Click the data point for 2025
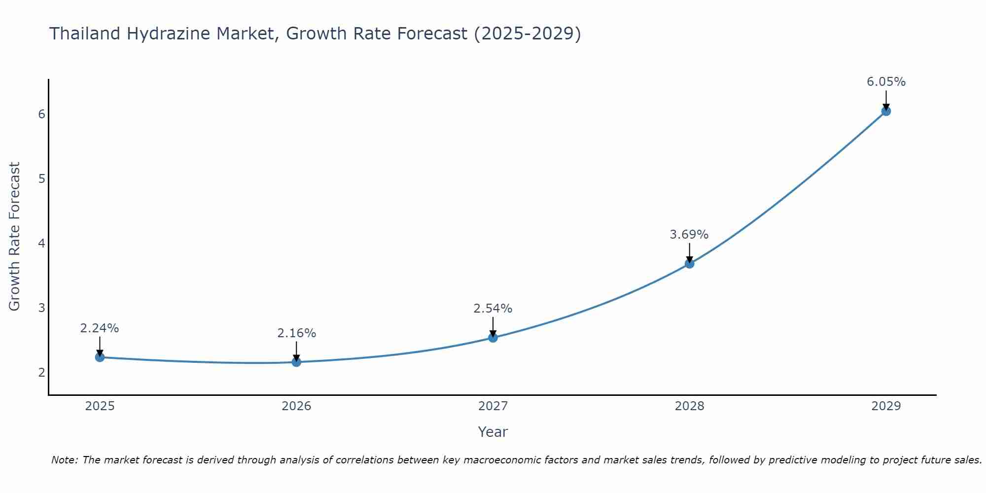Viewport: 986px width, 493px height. click(x=100, y=357)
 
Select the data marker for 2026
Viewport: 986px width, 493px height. click(x=296, y=362)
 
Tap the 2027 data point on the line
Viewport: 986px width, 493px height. click(x=493, y=338)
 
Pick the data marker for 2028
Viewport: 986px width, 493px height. click(x=689, y=264)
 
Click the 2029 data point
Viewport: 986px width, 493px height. click(x=886, y=111)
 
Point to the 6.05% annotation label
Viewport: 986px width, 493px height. click(x=886, y=82)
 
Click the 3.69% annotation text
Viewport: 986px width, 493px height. click(x=689, y=235)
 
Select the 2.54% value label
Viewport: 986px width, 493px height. click(x=493, y=309)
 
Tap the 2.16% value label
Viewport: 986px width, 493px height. click(x=296, y=333)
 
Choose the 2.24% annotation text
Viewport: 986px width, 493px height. click(x=100, y=328)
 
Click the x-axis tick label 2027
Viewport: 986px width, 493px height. click(x=493, y=406)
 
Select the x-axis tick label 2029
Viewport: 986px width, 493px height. click(x=886, y=406)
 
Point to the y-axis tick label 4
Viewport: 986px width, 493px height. click(x=41, y=243)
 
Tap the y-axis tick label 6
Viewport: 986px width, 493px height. click(x=41, y=114)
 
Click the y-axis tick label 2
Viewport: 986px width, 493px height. click(x=41, y=372)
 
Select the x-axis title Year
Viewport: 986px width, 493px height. click(x=493, y=432)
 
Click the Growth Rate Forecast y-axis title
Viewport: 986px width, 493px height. click(x=15, y=237)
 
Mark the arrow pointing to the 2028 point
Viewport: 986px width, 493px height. click(x=689, y=252)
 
